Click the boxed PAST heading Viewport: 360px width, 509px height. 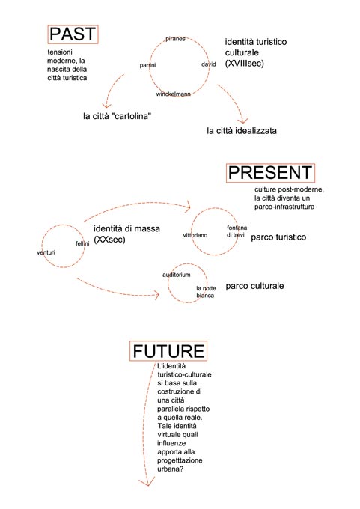[x=73, y=34]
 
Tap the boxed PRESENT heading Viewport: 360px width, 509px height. [x=270, y=173]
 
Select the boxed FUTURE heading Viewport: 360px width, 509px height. [x=168, y=351]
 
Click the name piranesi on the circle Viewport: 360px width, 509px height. [x=176, y=39]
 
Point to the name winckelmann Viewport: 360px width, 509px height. [x=173, y=94]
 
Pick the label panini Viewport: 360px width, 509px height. [x=147, y=65]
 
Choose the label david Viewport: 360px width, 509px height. [x=208, y=64]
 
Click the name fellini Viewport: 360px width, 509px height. [x=82, y=243]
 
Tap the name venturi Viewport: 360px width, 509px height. [x=46, y=252]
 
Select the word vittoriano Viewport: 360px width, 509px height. [x=195, y=235]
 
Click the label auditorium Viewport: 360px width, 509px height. [x=177, y=275]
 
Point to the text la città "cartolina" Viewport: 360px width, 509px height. [x=118, y=116]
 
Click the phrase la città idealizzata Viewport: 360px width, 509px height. [x=242, y=131]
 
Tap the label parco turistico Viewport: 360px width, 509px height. [x=278, y=237]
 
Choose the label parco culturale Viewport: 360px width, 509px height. [x=254, y=286]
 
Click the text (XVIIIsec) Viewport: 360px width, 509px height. [x=245, y=63]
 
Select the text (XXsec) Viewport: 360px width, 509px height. [x=109, y=240]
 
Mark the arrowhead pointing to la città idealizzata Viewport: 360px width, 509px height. [x=242, y=121]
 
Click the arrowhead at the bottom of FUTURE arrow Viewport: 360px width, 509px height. [x=147, y=483]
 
